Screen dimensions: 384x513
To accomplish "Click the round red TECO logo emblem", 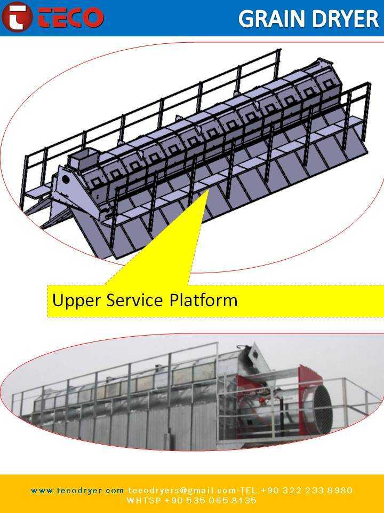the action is (x=17, y=17).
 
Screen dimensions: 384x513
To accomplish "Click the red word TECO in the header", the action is (x=71, y=17).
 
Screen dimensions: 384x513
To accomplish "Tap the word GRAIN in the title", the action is (x=273, y=19).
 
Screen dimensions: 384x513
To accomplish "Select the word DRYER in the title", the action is (x=346, y=19).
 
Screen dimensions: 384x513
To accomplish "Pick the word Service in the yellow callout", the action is (x=134, y=300).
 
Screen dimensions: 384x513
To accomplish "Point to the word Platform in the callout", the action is (x=203, y=300).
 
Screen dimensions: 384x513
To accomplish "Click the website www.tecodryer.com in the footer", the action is (x=77, y=491).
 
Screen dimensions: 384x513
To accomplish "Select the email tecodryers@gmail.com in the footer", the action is (x=182, y=491).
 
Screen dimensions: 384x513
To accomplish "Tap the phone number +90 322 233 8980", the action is (x=307, y=491).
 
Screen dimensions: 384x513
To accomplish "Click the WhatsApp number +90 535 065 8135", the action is (x=211, y=501).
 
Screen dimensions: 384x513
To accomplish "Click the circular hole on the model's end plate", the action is (x=66, y=179).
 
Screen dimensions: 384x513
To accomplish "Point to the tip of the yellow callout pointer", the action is (x=209, y=189).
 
